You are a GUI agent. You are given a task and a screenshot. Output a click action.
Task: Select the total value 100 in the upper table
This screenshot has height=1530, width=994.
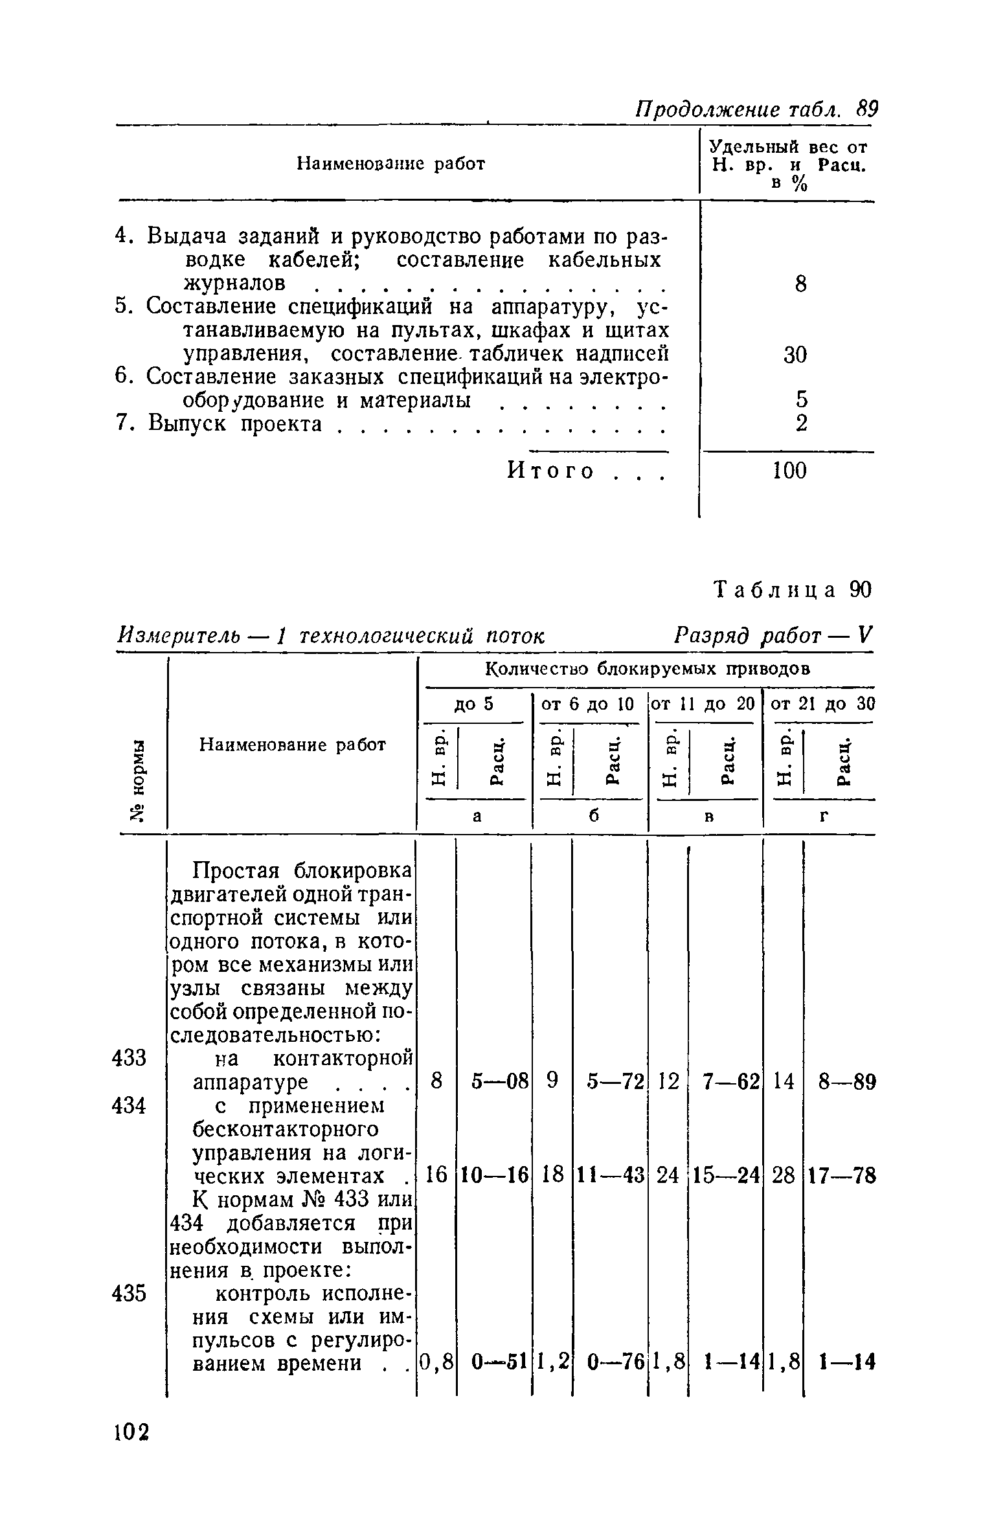(790, 471)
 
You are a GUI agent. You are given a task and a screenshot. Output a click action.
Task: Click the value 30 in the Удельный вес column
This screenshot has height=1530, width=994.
(795, 354)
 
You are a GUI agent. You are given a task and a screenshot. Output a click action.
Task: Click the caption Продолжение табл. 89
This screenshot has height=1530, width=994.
(754, 109)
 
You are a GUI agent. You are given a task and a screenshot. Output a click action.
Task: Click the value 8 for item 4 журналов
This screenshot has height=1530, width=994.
(800, 284)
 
